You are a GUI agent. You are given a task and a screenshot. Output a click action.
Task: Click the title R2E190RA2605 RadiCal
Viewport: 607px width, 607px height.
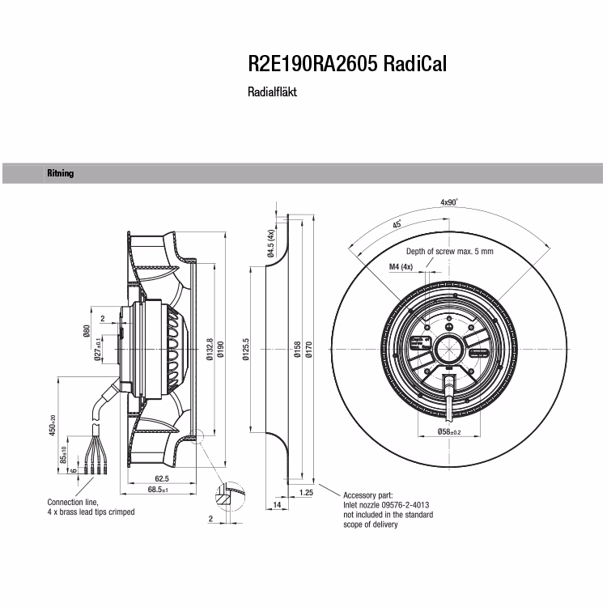347,64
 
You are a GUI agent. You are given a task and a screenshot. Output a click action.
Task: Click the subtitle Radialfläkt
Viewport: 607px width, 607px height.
272,92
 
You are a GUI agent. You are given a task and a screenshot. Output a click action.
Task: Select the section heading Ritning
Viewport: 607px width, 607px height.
61,173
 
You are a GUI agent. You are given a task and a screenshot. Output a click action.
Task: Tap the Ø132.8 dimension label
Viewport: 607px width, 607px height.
210,349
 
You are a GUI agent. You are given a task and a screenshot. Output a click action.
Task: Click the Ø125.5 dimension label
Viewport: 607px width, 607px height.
246,349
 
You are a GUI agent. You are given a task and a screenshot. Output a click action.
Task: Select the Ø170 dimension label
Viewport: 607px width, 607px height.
308,349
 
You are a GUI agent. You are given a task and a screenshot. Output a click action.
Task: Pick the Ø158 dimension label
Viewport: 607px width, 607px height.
297,349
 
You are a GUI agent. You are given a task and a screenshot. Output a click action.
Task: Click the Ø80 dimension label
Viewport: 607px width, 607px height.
87,331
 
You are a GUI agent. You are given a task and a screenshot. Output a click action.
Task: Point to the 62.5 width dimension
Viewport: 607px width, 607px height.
161,478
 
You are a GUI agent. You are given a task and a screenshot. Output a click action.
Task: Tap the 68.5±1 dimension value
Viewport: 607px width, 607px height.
158,490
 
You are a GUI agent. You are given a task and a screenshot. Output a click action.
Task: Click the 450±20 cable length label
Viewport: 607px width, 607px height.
53,425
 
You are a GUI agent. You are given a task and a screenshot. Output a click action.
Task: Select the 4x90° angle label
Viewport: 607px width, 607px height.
449,202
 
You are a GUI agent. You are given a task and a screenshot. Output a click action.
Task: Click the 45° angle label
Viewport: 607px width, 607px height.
397,224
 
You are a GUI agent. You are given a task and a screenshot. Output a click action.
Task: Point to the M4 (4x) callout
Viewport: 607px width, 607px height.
401,267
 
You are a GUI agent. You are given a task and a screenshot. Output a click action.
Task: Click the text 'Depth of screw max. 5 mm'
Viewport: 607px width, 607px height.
450,251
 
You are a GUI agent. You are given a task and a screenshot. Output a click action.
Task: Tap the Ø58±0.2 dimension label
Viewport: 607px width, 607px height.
449,431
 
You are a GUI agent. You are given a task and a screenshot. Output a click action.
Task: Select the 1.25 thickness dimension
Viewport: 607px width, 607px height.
306,492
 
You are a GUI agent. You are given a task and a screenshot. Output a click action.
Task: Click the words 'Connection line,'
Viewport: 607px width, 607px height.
73,502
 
